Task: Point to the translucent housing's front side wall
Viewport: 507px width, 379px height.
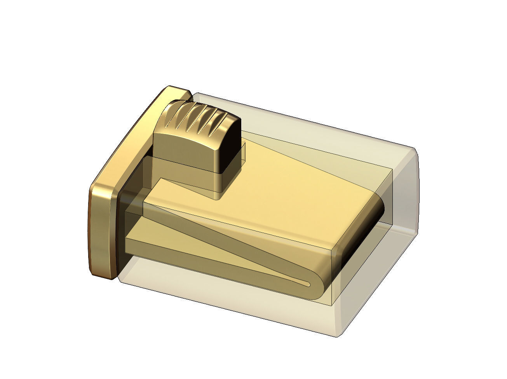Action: tap(233, 307)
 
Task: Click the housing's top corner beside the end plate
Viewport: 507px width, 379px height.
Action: tap(196, 94)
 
